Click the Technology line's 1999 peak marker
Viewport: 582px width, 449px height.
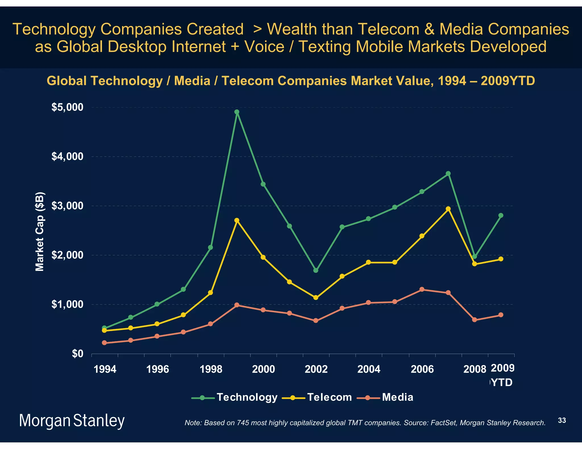pyautogui.click(x=237, y=112)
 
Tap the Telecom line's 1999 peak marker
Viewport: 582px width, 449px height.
pyautogui.click(x=237, y=220)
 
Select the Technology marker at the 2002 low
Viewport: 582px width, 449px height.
pyautogui.click(x=316, y=270)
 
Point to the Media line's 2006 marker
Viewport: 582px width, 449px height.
pyautogui.click(x=422, y=289)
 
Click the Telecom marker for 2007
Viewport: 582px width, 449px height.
pyautogui.click(x=448, y=209)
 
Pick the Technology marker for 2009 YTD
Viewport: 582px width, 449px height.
pyautogui.click(x=501, y=215)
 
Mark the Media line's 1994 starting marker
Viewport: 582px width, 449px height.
pyautogui.click(x=104, y=343)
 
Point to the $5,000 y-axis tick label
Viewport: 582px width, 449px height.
pyautogui.click(x=67, y=107)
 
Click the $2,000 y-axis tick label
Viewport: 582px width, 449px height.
pyautogui.click(x=67, y=255)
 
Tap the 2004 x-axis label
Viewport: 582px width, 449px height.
pyautogui.click(x=369, y=369)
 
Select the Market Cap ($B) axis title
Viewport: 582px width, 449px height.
pyautogui.click(x=40, y=232)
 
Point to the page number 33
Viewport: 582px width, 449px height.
pyautogui.click(x=562, y=420)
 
